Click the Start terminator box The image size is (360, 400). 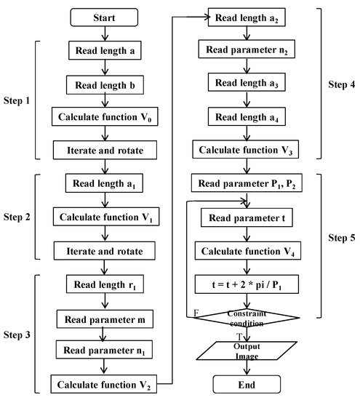tap(107, 16)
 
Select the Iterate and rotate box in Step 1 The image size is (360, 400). tap(107, 151)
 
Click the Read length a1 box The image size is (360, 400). tap(107, 185)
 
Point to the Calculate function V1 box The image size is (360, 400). tap(107, 217)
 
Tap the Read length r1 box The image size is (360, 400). tap(107, 285)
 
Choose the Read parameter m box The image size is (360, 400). tap(107, 318)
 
